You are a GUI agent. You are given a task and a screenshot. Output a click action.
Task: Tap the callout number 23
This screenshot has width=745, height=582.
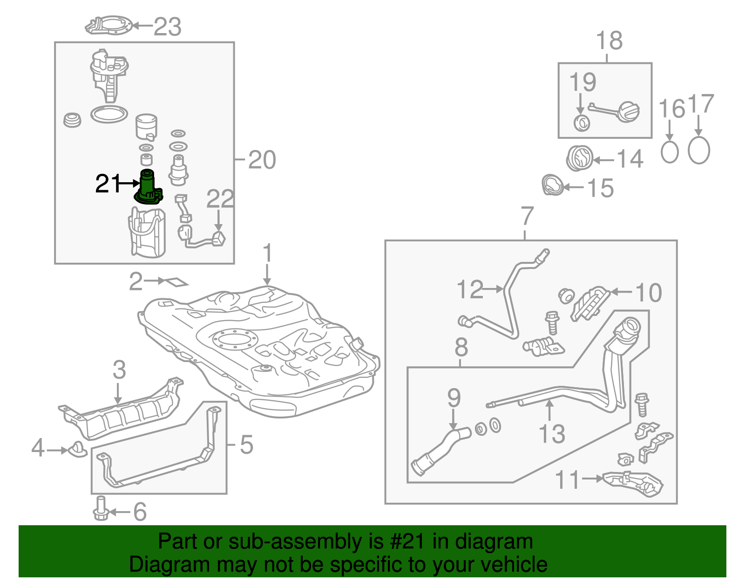(x=167, y=27)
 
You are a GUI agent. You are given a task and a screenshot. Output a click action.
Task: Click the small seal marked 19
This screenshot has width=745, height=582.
(x=582, y=123)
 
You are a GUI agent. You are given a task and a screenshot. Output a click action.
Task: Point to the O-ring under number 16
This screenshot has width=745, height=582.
(x=670, y=151)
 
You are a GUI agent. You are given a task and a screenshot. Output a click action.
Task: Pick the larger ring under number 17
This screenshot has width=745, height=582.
(x=698, y=151)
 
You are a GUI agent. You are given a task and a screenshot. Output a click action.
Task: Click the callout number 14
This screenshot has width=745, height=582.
(x=630, y=159)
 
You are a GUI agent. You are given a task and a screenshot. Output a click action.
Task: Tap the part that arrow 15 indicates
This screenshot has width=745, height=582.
(x=553, y=185)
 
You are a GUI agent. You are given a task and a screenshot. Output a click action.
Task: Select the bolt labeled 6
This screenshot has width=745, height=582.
(x=101, y=509)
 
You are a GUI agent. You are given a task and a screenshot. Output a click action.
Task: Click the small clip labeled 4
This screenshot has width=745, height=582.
(x=77, y=449)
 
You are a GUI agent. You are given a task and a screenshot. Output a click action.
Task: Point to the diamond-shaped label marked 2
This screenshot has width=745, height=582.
(x=175, y=282)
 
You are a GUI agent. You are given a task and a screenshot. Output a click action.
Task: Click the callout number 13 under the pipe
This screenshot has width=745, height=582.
(x=552, y=434)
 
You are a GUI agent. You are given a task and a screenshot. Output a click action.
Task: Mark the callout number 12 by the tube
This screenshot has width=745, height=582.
(x=470, y=289)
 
